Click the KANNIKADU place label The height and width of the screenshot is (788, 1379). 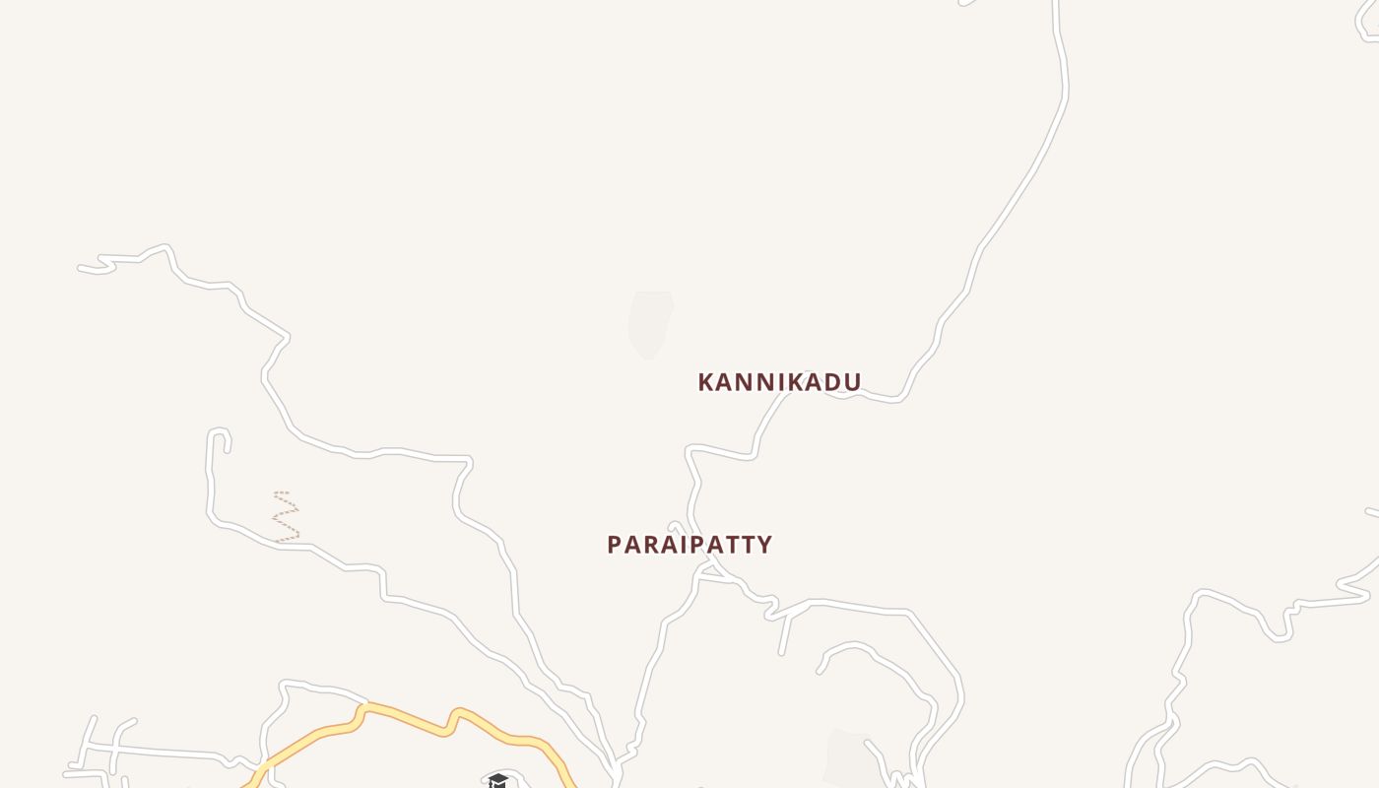(779, 382)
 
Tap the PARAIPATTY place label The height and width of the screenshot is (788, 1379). (689, 545)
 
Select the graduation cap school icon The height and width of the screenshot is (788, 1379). (498, 781)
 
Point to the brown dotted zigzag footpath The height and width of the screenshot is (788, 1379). (286, 516)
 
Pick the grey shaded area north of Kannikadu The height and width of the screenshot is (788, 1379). (649, 323)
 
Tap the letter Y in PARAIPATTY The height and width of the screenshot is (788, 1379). (763, 545)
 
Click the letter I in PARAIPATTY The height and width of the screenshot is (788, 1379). (674, 545)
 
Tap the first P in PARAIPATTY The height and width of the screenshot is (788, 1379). (615, 545)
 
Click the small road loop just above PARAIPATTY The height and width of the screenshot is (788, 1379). (675, 527)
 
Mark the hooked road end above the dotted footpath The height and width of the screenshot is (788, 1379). (220, 433)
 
